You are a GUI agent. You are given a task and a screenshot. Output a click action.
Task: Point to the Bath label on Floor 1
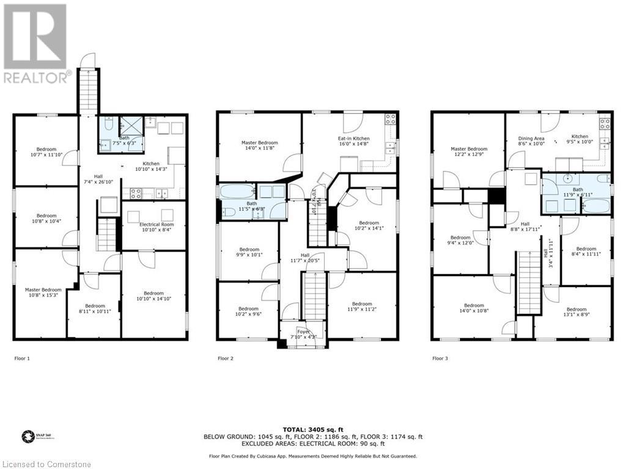[125, 138]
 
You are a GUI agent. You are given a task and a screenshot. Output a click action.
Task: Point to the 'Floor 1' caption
[22, 358]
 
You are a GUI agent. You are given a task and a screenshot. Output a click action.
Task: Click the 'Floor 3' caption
[440, 358]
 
